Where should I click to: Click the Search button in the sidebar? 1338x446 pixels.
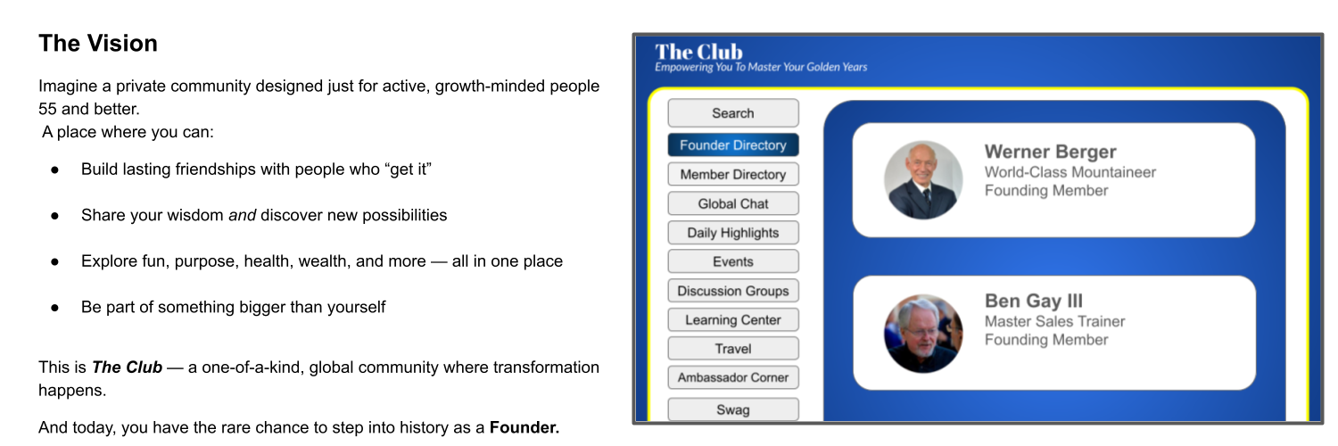coord(733,113)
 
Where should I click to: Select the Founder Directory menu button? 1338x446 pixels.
coord(733,145)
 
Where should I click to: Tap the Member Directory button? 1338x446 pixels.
coord(733,174)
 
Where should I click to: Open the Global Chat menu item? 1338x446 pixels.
coord(733,203)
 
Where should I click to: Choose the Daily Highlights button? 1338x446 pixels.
coord(733,233)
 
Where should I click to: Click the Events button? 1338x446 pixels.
coord(733,261)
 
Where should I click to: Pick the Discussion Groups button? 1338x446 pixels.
coord(733,291)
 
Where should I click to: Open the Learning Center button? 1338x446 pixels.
coord(733,320)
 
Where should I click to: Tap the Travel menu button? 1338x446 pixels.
coord(733,349)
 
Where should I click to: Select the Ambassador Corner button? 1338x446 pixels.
coord(733,377)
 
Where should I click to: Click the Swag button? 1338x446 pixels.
coord(733,409)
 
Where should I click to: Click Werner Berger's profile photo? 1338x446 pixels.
coord(923,179)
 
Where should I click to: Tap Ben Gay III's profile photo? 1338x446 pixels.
coord(923,333)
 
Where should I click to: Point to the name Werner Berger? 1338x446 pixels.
coord(1050,152)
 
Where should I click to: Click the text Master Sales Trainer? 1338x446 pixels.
coord(1054,321)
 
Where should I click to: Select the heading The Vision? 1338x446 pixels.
coord(98,44)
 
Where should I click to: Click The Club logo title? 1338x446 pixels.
coord(698,52)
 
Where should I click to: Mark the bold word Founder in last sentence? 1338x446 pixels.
coord(524,427)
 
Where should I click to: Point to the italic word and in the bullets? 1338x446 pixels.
coord(243,215)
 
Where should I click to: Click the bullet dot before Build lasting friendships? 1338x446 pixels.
coord(55,170)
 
